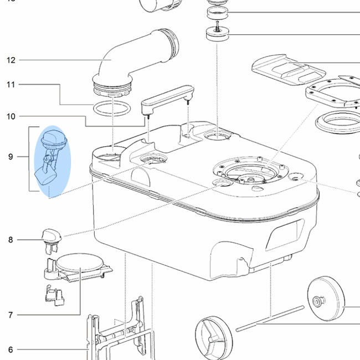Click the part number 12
[11, 60]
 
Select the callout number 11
[11, 85]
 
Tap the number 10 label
[11, 116]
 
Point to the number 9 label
[11, 157]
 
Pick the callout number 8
[11, 240]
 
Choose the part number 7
[11, 315]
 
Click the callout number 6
[11, 349]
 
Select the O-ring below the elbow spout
[111, 108]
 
